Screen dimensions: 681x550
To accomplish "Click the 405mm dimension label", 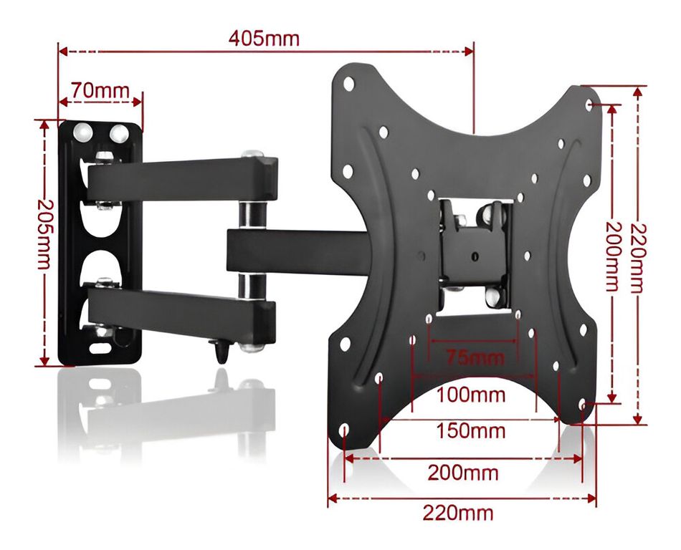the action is coord(264,39).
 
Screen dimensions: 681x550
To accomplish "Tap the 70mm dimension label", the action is coord(100,91).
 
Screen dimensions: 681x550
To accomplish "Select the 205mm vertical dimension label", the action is coord(44,234).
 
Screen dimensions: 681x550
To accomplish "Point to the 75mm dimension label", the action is coord(475,358).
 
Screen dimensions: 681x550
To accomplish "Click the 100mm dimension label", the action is coord(471,395).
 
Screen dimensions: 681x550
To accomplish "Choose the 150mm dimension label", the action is coord(471,431).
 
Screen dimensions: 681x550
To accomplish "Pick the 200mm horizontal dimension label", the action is coord(463,473).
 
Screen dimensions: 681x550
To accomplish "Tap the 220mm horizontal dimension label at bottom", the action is coord(458,513).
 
